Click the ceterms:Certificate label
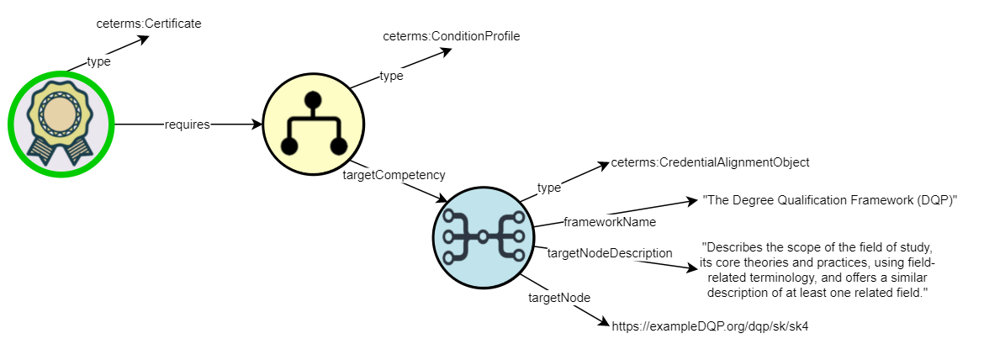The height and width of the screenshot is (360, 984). (149, 24)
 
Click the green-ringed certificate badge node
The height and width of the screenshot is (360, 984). (61, 124)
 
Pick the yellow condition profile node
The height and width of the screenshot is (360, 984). (314, 124)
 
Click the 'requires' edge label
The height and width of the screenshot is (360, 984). (187, 124)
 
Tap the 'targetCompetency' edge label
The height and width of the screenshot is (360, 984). (394, 175)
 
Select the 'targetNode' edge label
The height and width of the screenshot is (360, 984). (559, 298)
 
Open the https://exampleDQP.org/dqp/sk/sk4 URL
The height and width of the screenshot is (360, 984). (710, 325)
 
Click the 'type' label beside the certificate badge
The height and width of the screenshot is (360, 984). (98, 61)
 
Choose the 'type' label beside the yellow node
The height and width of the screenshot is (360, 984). (391, 76)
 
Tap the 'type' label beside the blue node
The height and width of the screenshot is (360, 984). (548, 188)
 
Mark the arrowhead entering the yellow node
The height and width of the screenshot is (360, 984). (257, 124)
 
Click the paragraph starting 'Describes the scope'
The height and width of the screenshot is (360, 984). (817, 269)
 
